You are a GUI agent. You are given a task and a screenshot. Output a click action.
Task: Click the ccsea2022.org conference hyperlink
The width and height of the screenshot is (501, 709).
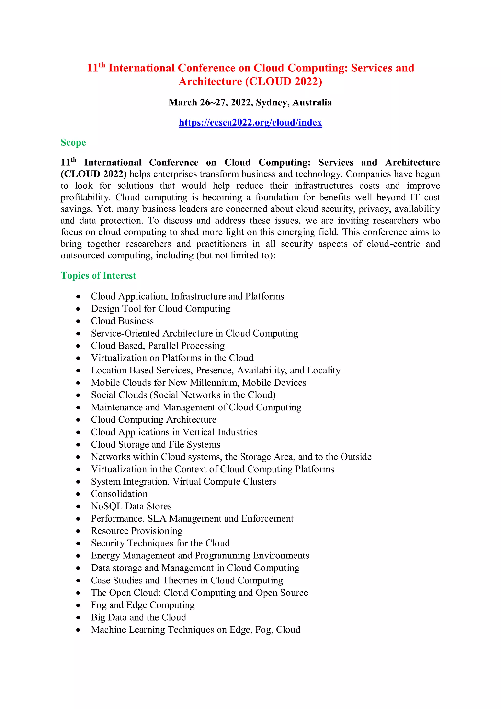tap(250, 123)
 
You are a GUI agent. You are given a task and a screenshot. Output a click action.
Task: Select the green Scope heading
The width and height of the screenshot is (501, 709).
tap(73, 143)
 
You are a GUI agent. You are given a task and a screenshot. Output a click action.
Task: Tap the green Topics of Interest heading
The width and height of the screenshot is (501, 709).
tap(98, 275)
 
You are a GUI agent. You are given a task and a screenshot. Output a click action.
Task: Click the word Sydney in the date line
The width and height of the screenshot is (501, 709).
tap(273, 103)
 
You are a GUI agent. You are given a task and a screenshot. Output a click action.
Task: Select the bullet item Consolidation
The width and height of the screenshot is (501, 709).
tap(119, 494)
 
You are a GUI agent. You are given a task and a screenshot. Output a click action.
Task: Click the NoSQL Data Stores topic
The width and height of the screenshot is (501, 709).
tap(131, 506)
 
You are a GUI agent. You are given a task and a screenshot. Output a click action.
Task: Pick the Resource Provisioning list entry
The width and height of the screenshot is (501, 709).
tap(137, 531)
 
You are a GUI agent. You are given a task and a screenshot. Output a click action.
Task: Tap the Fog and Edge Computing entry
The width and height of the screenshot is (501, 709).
tap(143, 605)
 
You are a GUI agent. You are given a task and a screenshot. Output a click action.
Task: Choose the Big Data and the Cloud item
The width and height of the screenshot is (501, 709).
tap(138, 617)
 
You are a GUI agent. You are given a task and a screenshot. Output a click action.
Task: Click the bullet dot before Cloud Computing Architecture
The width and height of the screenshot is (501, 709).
tap(79, 420)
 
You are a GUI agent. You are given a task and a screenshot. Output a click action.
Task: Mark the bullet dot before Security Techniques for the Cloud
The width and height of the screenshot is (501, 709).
tap(79, 544)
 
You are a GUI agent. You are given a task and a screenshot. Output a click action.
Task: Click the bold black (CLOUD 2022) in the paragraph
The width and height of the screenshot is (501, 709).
tap(93, 174)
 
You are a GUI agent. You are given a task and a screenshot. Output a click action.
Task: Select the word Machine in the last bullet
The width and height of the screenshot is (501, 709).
tap(108, 630)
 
